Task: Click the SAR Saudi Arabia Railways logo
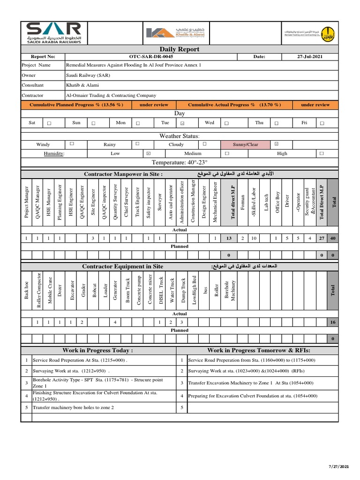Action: point(53,32)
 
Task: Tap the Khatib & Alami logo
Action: point(175,32)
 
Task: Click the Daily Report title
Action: point(180,49)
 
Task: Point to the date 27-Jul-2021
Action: point(309,57)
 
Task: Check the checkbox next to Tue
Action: point(183,123)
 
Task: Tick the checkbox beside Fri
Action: point(322,123)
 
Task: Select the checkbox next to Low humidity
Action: point(148,153)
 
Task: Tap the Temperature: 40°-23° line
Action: point(180,162)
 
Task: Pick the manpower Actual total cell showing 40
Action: point(333,238)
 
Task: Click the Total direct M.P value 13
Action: point(229,238)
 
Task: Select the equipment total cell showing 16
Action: point(333,322)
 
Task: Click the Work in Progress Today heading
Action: point(98,350)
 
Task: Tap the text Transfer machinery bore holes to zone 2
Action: point(73,407)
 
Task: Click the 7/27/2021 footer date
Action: point(338,467)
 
